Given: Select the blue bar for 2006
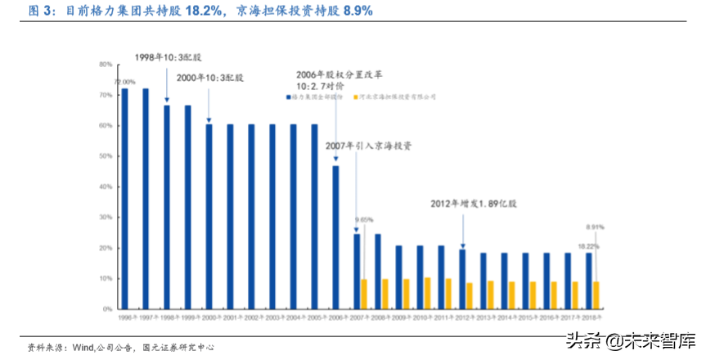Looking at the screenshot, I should pos(335,237).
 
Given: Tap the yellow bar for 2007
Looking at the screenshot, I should pos(364,294).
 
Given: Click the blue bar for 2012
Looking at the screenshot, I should pos(462,279).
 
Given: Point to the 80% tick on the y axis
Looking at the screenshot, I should pos(106,64).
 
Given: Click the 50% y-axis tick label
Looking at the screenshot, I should pos(106,156).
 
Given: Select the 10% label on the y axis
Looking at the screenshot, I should pos(106,279).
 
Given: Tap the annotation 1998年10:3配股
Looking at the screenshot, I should pos(168,57).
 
